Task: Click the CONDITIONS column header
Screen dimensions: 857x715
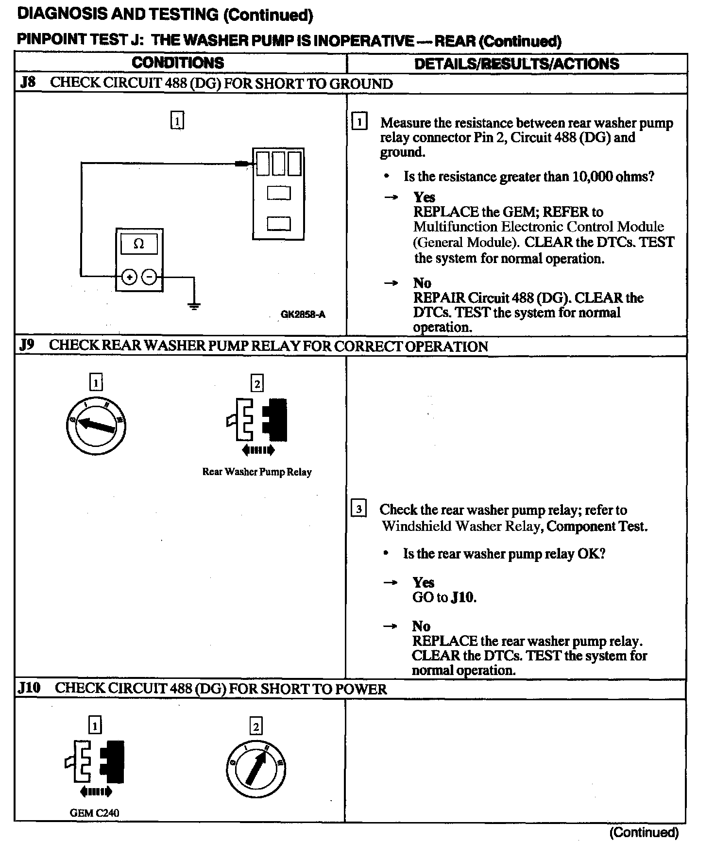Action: [x=178, y=63]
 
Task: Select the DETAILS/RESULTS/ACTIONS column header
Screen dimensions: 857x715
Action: [x=516, y=64]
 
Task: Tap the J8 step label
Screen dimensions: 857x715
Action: [x=28, y=82]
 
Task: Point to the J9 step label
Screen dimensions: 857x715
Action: [x=27, y=345]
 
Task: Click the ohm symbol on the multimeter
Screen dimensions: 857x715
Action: [x=138, y=244]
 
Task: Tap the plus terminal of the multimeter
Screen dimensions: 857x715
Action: [x=129, y=277]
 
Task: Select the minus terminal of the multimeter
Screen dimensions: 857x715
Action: [x=149, y=277]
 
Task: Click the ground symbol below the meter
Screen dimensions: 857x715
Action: [x=194, y=306]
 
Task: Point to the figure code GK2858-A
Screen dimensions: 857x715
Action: [x=303, y=314]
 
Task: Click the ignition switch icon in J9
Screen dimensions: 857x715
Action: [x=96, y=426]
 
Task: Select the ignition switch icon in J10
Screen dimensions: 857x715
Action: [x=256, y=770]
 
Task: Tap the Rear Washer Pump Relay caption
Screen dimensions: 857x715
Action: [x=257, y=472]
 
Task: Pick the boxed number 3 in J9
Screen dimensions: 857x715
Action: [x=358, y=509]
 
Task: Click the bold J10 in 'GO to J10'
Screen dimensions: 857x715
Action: [x=462, y=597]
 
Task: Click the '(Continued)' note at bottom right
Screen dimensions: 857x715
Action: [x=644, y=832]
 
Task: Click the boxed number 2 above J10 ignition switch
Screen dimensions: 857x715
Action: [x=255, y=726]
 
